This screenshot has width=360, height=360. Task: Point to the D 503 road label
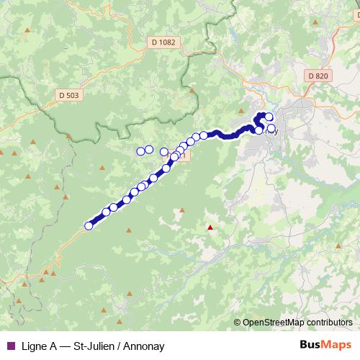[69, 94]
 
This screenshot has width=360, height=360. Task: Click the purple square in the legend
[10, 346]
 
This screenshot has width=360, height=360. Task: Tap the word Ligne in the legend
[34, 346]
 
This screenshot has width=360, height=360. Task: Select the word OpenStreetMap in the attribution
[272, 323]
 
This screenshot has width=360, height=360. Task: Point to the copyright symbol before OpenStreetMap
[237, 323]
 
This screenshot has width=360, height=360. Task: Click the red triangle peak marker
[210, 228]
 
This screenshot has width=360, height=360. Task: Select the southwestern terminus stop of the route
[89, 226]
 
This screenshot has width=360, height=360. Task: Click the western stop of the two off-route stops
[140, 151]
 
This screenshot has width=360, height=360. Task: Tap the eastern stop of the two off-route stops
[149, 150]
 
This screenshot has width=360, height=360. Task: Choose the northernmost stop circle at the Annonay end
[269, 117]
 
